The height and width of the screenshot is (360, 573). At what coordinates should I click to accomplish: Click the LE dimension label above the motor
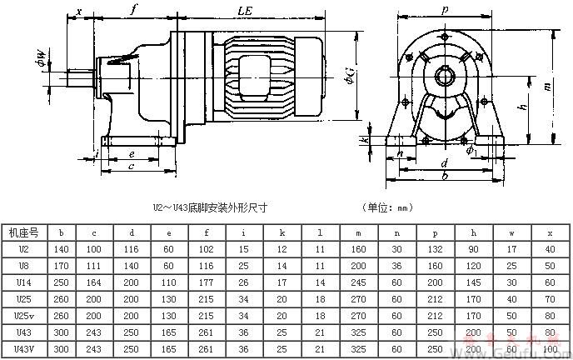tap(245, 12)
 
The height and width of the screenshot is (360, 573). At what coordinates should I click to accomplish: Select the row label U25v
tap(25, 315)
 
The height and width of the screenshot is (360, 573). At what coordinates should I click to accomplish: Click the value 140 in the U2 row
tap(62, 249)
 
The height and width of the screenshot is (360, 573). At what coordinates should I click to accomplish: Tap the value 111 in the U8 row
tap(97, 266)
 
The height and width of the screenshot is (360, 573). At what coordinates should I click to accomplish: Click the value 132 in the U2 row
tap(434, 249)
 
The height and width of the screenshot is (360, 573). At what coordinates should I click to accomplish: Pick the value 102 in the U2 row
tap(206, 249)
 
